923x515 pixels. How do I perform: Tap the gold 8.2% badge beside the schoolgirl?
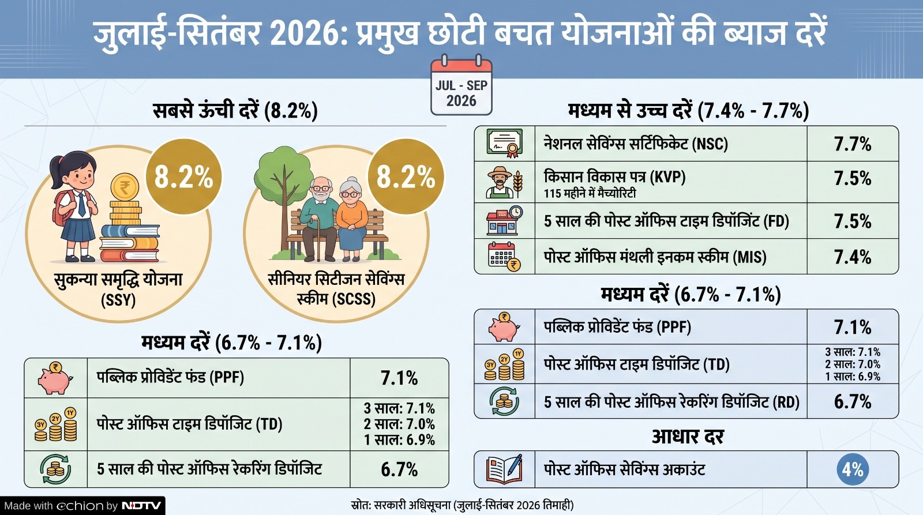184,176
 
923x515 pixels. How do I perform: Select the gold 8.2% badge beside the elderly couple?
406,176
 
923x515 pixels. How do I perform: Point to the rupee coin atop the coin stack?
125,187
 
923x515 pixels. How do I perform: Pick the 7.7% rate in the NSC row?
853,144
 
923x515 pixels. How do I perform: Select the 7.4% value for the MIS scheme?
853,257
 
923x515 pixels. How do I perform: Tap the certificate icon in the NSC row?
504,144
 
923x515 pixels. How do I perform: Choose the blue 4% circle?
853,469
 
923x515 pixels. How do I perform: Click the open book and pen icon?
504,469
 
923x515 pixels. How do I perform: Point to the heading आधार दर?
688,437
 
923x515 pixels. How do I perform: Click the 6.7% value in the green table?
399,469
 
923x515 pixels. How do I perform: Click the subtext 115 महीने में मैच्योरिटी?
590,193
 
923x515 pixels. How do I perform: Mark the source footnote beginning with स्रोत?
462,505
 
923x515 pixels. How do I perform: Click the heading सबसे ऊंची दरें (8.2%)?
235,111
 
